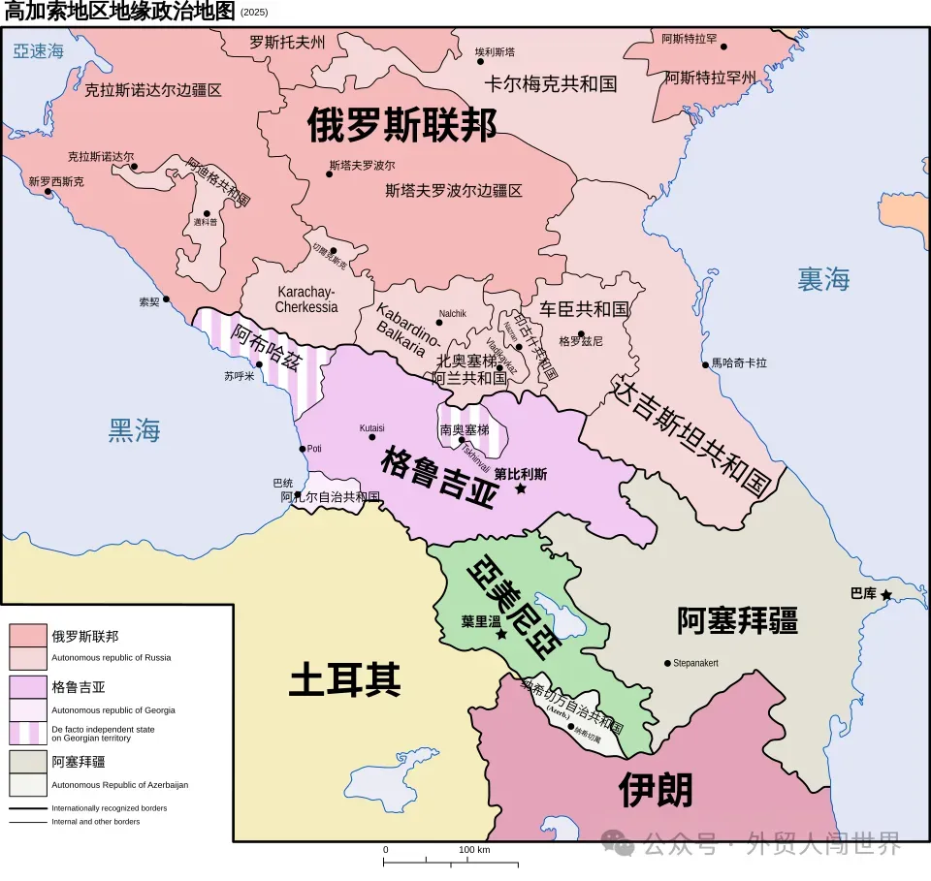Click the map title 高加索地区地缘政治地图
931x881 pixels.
click(119, 12)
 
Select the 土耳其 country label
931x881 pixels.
click(345, 681)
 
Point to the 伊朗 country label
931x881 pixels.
click(657, 791)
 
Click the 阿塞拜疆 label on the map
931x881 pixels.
click(737, 621)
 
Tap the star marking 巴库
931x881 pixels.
click(886, 593)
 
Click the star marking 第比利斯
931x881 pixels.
click(521, 488)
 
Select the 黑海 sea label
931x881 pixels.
click(134, 431)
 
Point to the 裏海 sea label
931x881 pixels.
click(823, 280)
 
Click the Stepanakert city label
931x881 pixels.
click(695, 663)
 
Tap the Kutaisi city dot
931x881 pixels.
click(372, 437)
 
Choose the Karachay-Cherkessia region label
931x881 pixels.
click(306, 299)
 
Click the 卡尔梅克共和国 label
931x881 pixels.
click(551, 83)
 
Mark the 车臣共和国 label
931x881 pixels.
click(585, 309)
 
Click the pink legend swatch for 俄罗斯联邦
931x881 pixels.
click(28, 634)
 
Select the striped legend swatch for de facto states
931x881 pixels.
click(28, 733)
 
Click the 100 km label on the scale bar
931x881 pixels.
click(474, 850)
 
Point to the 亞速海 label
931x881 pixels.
click(39, 51)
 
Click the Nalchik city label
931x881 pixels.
click(452, 313)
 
